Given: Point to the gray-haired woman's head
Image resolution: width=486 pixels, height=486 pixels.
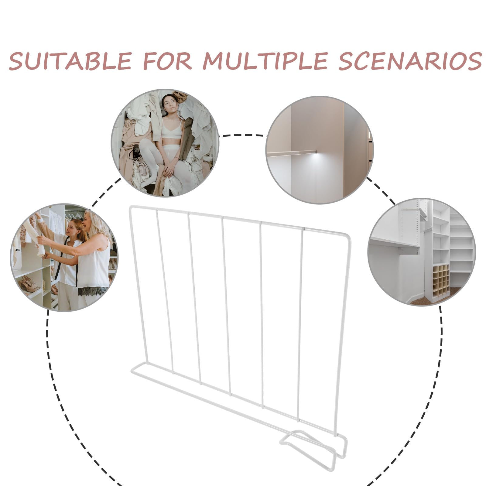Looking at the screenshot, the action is (x=94, y=222).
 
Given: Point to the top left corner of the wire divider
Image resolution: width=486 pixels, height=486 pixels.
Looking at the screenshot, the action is (x=131, y=207).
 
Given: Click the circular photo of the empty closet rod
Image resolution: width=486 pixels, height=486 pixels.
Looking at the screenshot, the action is (x=320, y=150).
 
